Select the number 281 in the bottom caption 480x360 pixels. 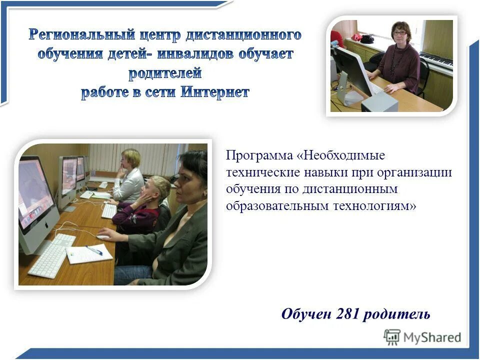click(348, 314)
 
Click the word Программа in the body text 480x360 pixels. click(259, 155)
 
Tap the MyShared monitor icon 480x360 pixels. click(392, 337)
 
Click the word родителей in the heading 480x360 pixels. click(165, 73)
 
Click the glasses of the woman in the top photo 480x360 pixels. click(399, 33)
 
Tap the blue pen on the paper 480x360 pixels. click(94, 250)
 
